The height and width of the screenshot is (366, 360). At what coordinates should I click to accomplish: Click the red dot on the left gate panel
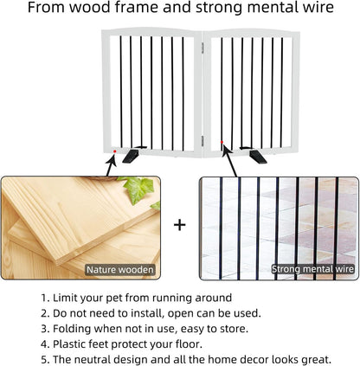[115, 152]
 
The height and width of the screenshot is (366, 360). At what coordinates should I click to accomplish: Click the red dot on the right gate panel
[222, 142]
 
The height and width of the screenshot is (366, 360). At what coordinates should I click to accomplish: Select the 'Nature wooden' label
[120, 270]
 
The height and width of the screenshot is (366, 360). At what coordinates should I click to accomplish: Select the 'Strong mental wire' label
[313, 270]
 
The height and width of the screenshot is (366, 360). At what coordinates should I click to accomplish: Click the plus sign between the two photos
[180, 226]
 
